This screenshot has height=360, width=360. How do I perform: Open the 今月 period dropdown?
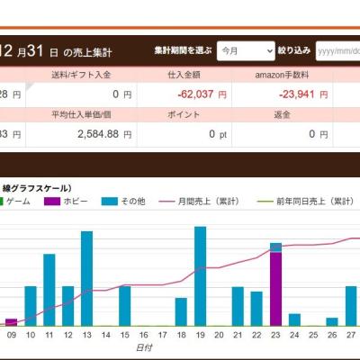point(245,51)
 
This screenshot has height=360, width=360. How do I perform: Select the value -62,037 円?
point(193,93)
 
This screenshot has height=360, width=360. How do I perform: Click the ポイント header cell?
point(184,115)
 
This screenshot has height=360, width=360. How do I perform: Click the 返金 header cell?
point(282,115)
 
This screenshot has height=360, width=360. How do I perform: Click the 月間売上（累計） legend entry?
point(198,203)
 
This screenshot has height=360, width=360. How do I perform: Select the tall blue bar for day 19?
point(200,274)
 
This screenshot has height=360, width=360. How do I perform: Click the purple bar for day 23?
point(275,288)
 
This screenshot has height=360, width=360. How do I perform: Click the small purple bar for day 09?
point(11,321)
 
